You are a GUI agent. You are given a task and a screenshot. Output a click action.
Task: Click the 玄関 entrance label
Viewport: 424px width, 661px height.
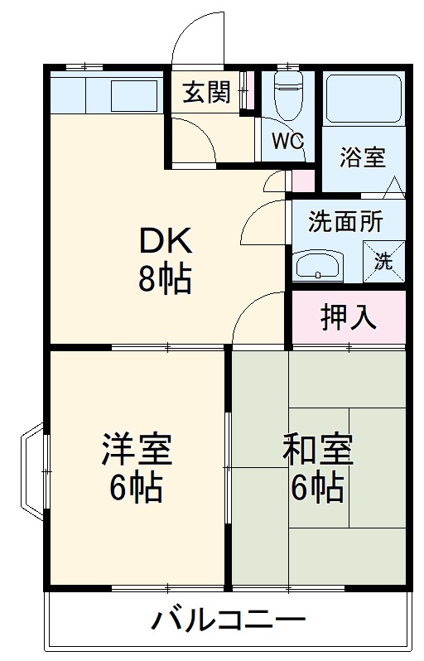click(206, 93)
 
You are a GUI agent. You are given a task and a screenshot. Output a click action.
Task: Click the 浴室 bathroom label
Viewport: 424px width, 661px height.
click(362, 157)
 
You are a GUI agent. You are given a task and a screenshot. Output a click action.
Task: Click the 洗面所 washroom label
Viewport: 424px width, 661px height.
click(346, 222)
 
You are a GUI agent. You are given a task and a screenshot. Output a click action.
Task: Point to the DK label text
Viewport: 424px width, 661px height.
click(165, 241)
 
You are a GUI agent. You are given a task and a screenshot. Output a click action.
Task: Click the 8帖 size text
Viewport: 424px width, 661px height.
click(165, 280)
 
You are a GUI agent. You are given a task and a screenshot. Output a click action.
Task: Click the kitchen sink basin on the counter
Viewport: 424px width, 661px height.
click(133, 95)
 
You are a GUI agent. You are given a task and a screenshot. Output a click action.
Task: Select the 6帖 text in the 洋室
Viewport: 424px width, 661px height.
click(137, 490)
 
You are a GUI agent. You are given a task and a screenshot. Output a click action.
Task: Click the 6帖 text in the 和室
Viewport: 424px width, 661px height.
click(317, 490)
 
